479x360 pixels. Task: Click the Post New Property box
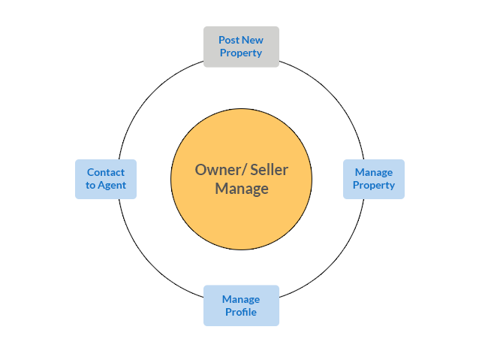click(240, 46)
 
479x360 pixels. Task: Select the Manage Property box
click(373, 179)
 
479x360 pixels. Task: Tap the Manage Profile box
click(240, 305)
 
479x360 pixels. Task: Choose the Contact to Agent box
click(105, 179)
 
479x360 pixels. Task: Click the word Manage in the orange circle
click(242, 189)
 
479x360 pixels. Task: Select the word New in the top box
click(252, 40)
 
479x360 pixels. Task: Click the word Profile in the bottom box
click(241, 312)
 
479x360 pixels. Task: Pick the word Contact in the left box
click(106, 172)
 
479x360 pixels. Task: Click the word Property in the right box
click(374, 186)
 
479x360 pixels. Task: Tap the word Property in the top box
click(241, 53)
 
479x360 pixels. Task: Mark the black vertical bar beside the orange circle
click(306, 179)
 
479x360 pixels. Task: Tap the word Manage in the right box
click(374, 172)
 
